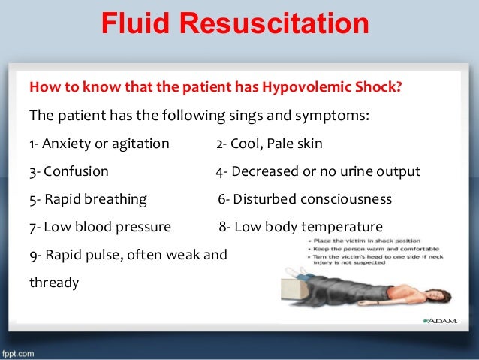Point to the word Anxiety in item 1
pos(67,144)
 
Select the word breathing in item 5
pos(116,199)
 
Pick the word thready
pos(53,283)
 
